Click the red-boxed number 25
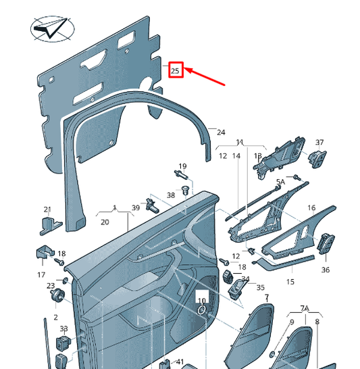coord(175,71)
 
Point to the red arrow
coord(204,76)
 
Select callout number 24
coord(221,132)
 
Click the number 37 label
coord(319,142)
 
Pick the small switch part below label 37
coord(317,159)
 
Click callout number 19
coord(182,166)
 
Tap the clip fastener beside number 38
coord(186,190)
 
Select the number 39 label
coord(136,207)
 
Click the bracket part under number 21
coord(50,226)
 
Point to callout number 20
coord(105,222)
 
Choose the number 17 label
coord(41,274)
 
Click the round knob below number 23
coord(57,295)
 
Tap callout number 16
coord(311,207)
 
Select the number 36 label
coord(325,270)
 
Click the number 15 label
coord(290,282)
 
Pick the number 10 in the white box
coord(202,301)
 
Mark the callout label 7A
coord(305,308)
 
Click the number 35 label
coord(260,287)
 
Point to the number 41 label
coord(180,362)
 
